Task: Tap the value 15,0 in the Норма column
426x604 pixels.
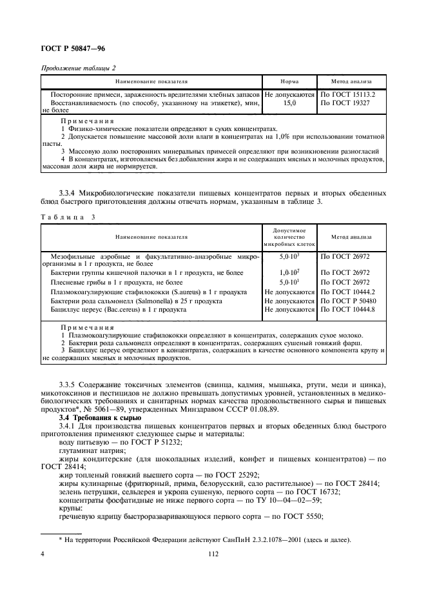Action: (x=289, y=103)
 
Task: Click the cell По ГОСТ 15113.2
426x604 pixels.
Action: (x=347, y=94)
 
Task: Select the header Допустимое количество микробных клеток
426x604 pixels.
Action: (x=289, y=237)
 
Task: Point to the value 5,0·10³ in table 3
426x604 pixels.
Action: (x=289, y=256)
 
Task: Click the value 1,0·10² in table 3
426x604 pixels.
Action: (x=289, y=273)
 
